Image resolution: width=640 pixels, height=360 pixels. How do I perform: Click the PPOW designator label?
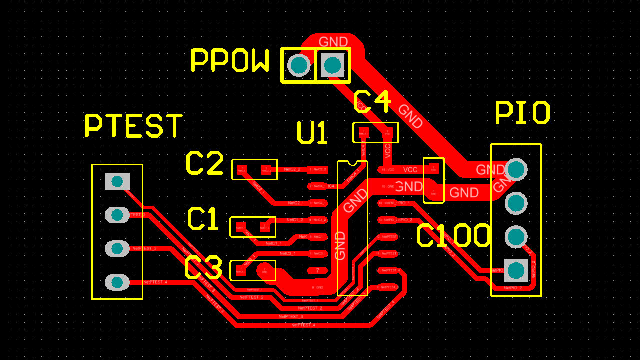tap(230, 60)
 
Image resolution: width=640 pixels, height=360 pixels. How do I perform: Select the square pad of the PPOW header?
tap(333, 65)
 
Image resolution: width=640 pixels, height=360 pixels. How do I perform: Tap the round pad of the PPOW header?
tap(299, 65)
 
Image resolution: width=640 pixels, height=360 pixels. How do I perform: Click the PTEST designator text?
tap(134, 126)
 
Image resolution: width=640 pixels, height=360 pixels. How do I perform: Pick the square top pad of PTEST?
tap(117, 181)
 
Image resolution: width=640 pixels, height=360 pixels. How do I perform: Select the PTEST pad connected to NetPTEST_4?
tap(117, 282)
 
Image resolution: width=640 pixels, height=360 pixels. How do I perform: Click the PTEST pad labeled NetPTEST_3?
tap(117, 248)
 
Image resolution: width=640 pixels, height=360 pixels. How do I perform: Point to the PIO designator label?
tap(522, 113)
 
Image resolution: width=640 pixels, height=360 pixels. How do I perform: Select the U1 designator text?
tap(312, 133)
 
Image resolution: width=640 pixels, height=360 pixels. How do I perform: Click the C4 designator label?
tap(372, 102)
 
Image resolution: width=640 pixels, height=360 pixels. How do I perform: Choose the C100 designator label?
tap(454, 236)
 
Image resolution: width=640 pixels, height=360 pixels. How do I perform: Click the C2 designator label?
tap(205, 163)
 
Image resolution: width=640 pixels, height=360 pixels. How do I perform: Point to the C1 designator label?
tap(203, 219)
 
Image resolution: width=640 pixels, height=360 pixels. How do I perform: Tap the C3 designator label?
tap(203, 268)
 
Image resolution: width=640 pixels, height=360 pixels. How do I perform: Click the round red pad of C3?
tap(264, 270)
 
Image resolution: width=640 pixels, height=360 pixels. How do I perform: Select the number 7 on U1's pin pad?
tap(317, 270)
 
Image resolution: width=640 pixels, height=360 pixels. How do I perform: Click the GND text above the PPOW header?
tap(333, 42)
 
